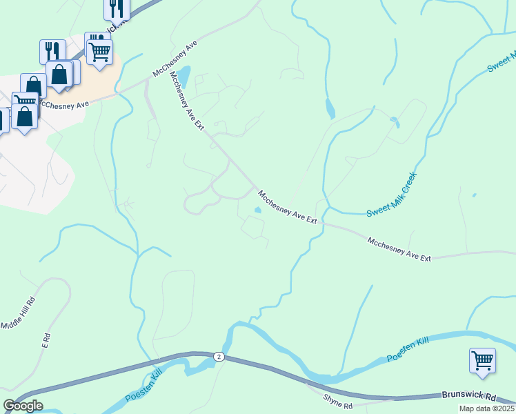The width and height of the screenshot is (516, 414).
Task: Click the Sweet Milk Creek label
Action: (392, 195)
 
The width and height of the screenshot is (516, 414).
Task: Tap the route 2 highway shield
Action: (219, 356)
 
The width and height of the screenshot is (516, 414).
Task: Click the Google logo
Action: (23, 406)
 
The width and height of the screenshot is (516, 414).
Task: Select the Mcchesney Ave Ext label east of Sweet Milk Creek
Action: (399, 249)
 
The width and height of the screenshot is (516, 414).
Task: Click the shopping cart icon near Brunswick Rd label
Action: (482, 360)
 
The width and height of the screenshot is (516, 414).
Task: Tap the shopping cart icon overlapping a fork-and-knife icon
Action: (100, 51)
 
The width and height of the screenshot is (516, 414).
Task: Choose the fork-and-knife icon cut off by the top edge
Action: (117, 8)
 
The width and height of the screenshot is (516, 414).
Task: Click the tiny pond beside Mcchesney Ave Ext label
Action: (258, 210)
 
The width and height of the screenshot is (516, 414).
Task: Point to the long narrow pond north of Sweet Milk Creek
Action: (330, 108)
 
